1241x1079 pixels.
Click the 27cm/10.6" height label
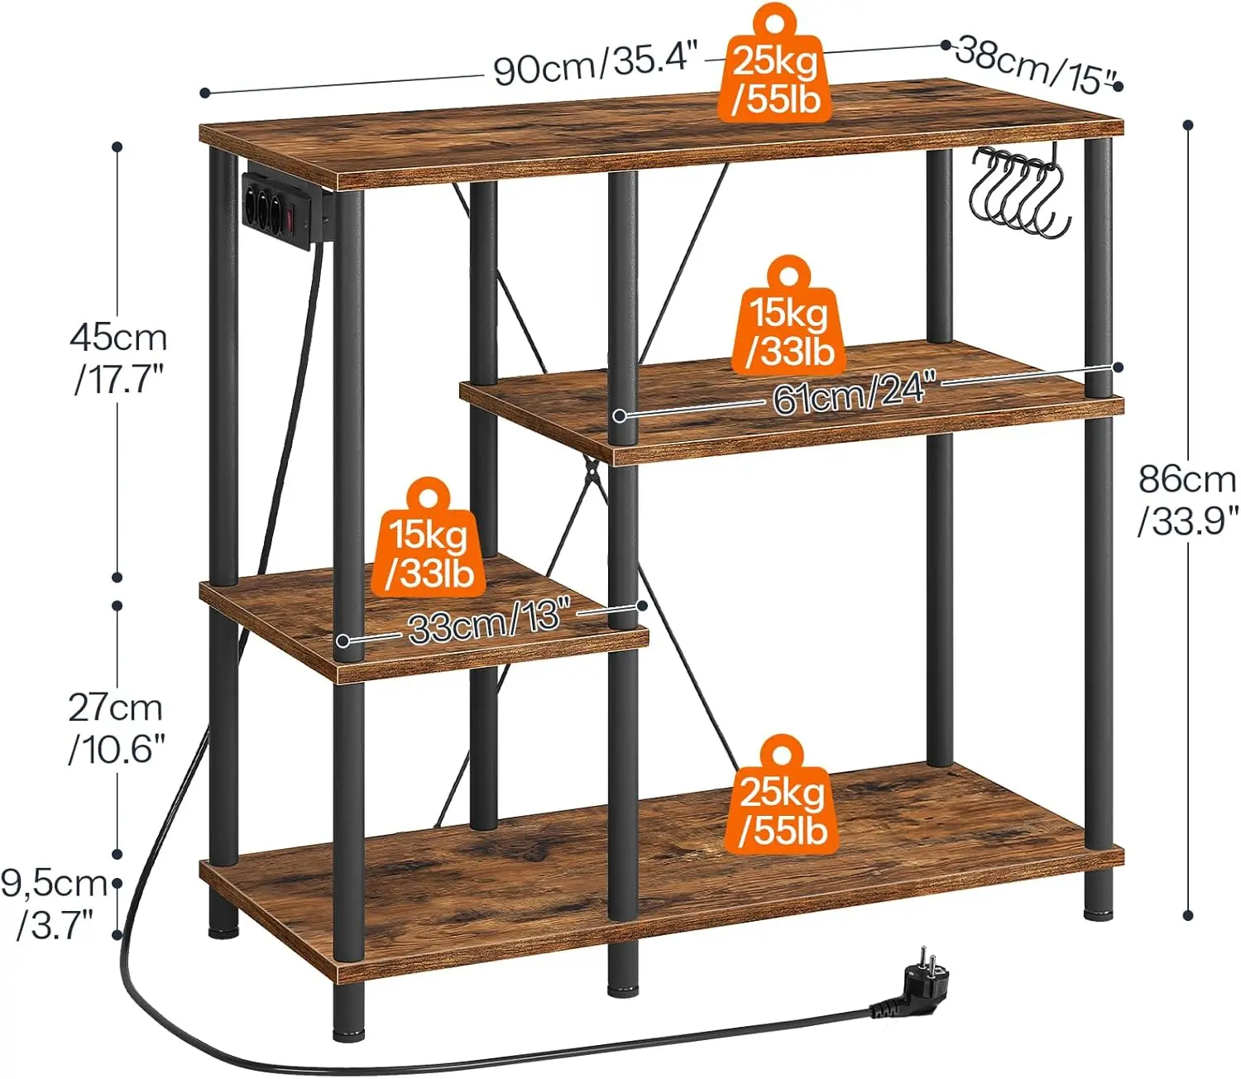(x=116, y=731)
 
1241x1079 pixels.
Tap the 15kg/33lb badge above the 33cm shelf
(x=429, y=538)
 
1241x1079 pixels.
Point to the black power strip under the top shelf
(x=284, y=210)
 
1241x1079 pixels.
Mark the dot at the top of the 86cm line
(x=1188, y=142)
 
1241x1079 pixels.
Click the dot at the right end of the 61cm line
(x=1119, y=367)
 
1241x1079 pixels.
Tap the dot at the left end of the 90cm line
(x=205, y=93)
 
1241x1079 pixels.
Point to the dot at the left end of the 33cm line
(x=343, y=640)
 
